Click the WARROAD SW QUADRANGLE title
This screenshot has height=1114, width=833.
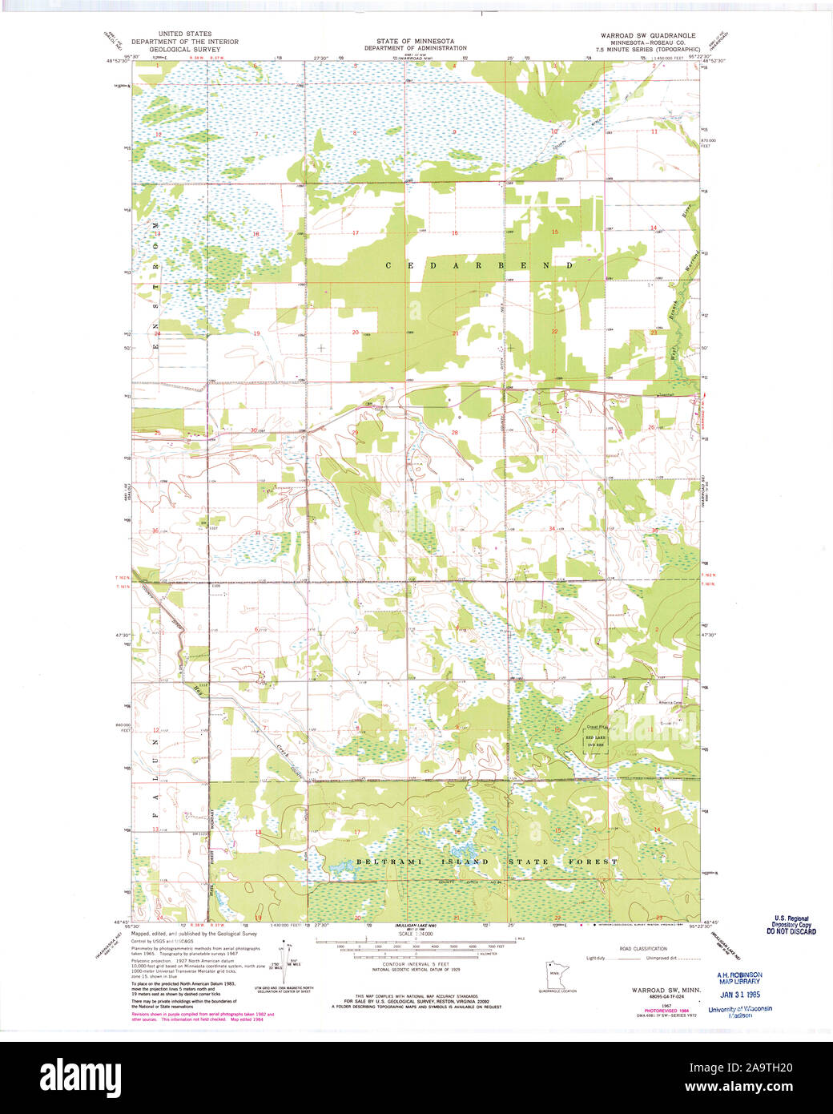(648, 36)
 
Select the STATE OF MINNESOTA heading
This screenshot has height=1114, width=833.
(415, 41)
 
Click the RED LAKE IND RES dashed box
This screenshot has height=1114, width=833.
(595, 740)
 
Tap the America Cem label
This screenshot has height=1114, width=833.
(670, 704)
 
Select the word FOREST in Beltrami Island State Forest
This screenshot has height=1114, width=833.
(594, 862)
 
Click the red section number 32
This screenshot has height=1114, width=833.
(356, 532)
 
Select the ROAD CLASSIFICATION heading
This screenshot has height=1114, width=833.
(643, 948)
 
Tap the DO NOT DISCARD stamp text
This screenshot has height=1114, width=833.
(791, 931)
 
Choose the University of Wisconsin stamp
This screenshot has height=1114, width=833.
(739, 1009)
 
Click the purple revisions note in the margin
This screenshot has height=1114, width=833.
(202, 1016)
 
